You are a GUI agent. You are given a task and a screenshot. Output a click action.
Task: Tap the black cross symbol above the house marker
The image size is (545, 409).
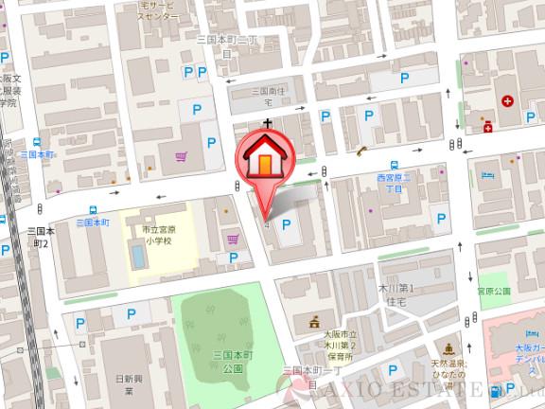tap(268, 123)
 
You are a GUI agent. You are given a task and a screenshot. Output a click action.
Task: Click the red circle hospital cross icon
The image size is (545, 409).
tap(508, 100)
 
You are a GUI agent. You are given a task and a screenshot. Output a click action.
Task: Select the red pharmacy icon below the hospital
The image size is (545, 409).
tap(488, 127)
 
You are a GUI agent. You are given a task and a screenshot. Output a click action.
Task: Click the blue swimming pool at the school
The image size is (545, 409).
tap(139, 254)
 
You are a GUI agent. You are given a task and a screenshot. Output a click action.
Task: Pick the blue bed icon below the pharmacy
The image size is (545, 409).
tap(486, 176)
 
